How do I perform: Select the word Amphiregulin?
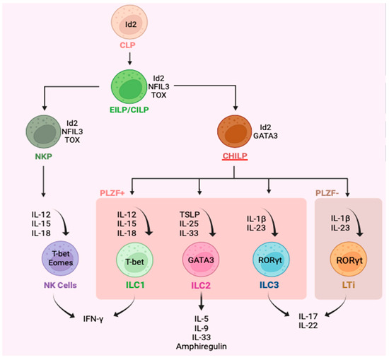point(201,348)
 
